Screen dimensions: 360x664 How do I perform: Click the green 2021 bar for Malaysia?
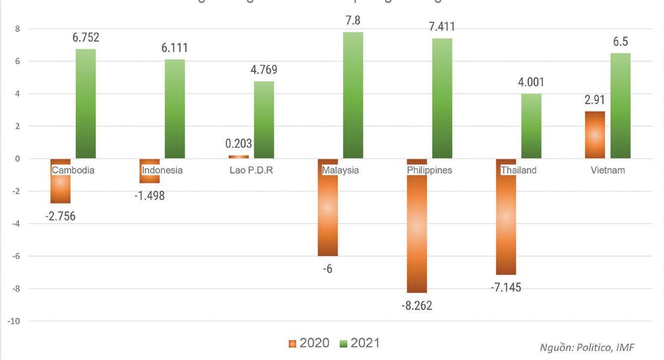[x=353, y=95]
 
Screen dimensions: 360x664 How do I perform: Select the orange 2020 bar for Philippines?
[x=417, y=232]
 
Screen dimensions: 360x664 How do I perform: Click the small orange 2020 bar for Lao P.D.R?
[x=238, y=156]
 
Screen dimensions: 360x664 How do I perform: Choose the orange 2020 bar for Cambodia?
[x=60, y=188]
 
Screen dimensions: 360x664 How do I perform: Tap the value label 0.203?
[x=239, y=144]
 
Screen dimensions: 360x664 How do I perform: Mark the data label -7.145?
[x=506, y=288]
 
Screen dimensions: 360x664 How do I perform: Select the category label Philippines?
[x=429, y=170]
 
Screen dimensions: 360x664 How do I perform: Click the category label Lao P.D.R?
[x=251, y=170]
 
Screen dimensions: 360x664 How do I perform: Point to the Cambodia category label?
[x=73, y=170]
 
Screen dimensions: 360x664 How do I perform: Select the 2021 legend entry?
[x=360, y=343]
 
